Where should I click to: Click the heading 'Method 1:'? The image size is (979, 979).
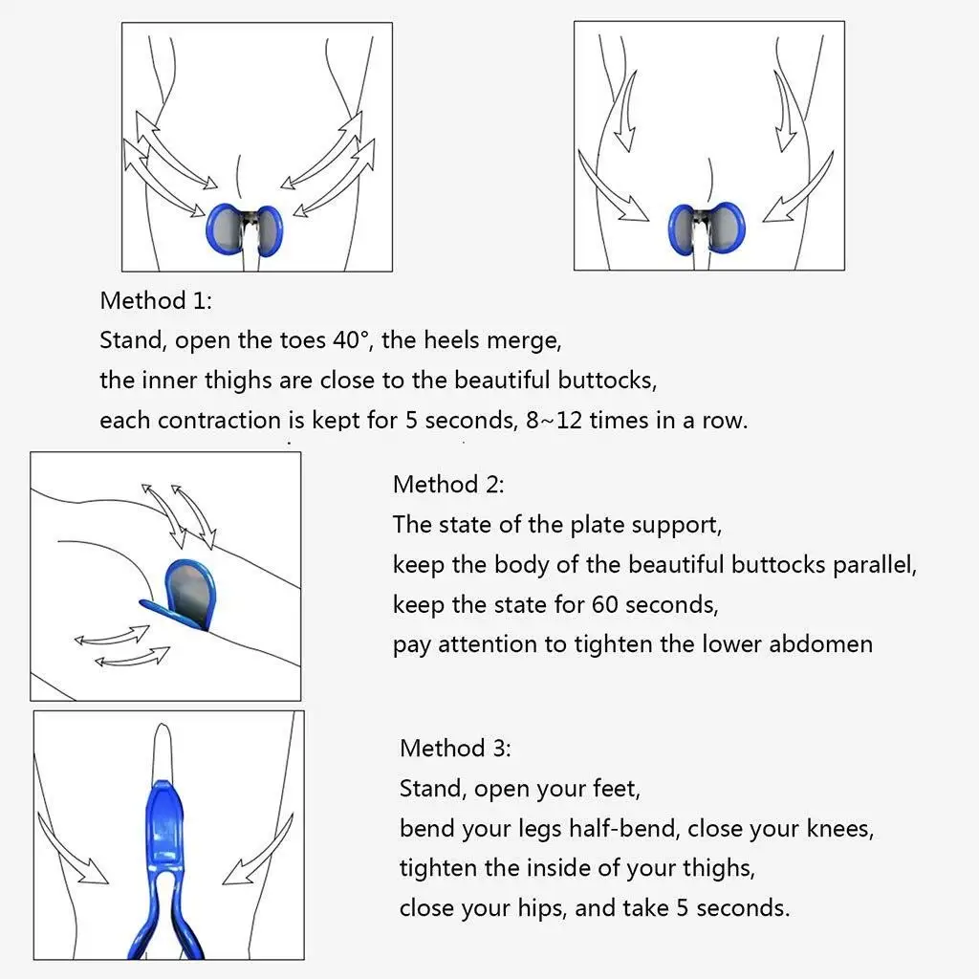pos(156,300)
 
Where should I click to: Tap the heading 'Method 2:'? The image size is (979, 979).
pos(448,484)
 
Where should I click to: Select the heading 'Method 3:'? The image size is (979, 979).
pos(455,748)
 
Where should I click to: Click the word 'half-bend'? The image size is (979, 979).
pos(624,828)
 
